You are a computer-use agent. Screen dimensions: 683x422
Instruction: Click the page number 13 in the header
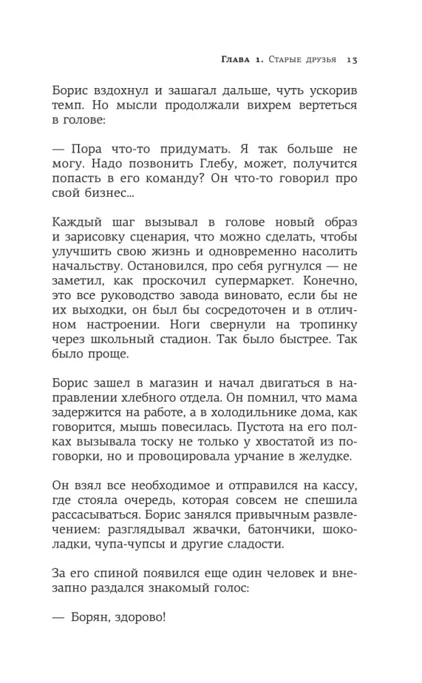352,59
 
